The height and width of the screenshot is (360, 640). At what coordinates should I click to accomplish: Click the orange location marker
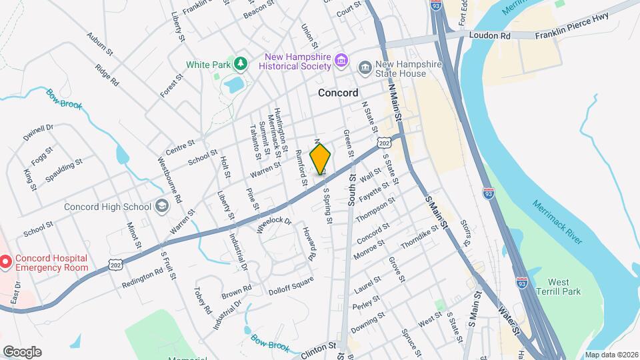[x=321, y=159]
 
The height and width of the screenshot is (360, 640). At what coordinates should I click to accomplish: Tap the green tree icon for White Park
[x=241, y=64]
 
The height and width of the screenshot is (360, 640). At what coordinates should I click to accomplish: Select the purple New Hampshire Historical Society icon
[x=341, y=61]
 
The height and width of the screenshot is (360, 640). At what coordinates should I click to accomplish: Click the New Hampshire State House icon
[x=365, y=68]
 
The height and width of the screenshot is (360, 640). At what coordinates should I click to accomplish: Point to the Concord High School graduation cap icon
[x=161, y=207]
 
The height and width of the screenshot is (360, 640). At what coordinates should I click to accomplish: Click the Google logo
[x=22, y=351]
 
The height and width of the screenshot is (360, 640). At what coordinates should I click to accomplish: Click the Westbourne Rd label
[x=169, y=179]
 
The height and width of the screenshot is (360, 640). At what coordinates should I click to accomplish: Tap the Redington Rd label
[x=143, y=278]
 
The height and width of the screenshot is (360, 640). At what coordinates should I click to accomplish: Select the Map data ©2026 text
[x=611, y=354]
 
